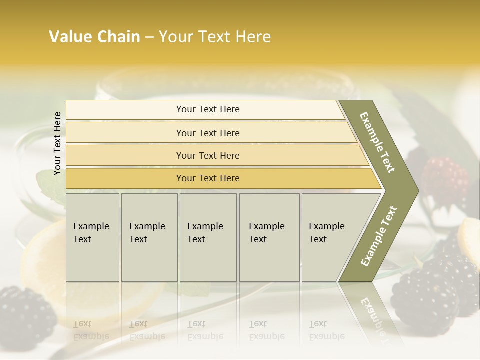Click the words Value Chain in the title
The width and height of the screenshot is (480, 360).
[94, 37]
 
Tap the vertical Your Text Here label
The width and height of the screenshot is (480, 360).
[57, 143]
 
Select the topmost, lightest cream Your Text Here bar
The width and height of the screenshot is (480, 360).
[207, 109]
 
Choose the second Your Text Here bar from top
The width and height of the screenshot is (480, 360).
[207, 133]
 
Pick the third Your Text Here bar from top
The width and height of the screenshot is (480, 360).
[207, 155]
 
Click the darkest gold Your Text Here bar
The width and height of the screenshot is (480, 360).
[207, 178]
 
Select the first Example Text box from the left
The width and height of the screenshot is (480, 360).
[92, 237]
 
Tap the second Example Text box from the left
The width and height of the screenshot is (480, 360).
[149, 237]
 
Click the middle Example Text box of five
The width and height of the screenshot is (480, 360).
[208, 237]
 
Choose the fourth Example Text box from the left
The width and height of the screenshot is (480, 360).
[269, 237]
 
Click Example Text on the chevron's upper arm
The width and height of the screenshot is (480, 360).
[378, 142]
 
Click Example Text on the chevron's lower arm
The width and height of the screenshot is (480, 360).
[379, 236]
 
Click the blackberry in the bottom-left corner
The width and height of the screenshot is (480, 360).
[25, 312]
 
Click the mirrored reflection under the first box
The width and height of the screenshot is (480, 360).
[92, 320]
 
